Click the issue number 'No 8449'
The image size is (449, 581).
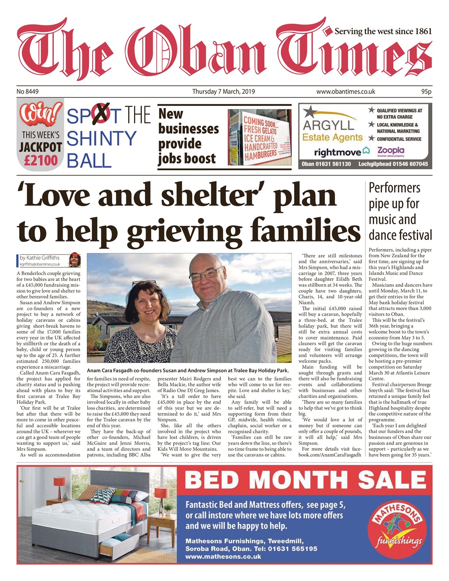point(28,91)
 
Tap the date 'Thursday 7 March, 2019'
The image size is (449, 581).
point(223,91)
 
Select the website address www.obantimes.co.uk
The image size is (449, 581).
point(345,91)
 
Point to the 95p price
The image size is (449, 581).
point(426,91)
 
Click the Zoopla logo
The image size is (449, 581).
point(390,151)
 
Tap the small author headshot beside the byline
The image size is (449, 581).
point(74,260)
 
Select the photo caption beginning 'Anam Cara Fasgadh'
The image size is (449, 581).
point(188,370)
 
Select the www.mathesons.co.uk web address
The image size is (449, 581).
point(223,556)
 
